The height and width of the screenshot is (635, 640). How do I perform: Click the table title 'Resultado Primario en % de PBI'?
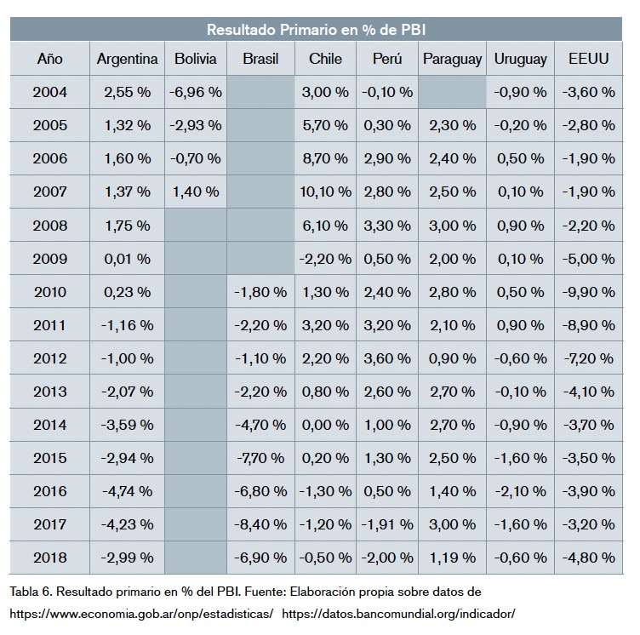319,30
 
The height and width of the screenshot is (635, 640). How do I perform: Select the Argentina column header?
127,59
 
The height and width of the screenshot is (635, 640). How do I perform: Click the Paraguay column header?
452,59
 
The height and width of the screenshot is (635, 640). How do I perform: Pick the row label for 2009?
49,259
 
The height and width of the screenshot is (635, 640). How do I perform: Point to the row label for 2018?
49,558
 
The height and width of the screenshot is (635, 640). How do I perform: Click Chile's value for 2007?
325,192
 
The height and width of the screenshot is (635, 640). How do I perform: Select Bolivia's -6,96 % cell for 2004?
196,92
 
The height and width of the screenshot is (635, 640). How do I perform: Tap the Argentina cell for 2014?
127,425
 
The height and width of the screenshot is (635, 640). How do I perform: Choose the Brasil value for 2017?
261,524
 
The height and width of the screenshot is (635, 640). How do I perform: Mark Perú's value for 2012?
387,358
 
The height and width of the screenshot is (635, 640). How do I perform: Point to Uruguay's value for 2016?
520,491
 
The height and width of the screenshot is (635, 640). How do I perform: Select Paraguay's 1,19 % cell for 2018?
452,558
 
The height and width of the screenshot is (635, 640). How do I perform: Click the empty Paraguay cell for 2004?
452,92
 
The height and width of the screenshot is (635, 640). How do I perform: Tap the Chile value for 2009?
325,259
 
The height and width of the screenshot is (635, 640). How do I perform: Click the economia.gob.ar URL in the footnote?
141,613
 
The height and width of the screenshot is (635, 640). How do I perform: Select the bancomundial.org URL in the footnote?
398,613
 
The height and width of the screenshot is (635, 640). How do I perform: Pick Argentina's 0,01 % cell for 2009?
127,259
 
